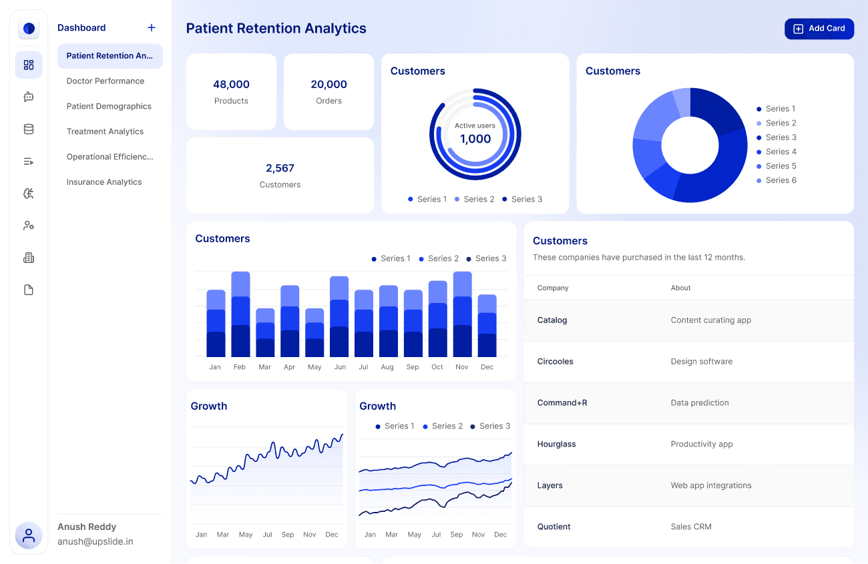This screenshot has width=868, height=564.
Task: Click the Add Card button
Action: [x=819, y=29]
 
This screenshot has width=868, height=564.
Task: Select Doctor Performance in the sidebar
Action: [x=105, y=81]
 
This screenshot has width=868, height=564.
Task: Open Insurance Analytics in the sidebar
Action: [x=104, y=182]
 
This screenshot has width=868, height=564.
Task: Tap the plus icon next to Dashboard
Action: [x=152, y=27]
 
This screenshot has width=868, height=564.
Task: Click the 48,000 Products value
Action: [x=231, y=85]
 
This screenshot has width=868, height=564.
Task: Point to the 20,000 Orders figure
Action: [x=329, y=85]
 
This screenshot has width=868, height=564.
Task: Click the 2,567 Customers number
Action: [x=280, y=168]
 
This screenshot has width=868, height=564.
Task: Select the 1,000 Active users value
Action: [x=475, y=139]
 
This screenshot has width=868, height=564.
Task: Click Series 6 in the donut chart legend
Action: [x=781, y=180]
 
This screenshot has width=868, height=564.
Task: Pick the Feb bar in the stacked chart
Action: [x=240, y=314]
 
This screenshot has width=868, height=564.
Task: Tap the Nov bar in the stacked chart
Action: [x=462, y=314]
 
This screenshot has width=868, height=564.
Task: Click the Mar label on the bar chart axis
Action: [x=265, y=367]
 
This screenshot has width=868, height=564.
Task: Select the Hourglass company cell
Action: [x=556, y=445]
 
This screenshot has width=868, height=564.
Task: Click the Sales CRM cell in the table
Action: [x=691, y=527]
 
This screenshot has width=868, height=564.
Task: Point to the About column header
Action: [x=680, y=288]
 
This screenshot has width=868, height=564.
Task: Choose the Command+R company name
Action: [x=562, y=403]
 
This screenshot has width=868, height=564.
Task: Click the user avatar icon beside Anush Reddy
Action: [x=29, y=535]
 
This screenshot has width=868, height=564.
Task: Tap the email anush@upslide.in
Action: [x=95, y=542]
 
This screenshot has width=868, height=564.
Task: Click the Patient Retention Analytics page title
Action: [x=276, y=29]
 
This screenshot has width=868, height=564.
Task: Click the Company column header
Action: [x=553, y=288]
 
